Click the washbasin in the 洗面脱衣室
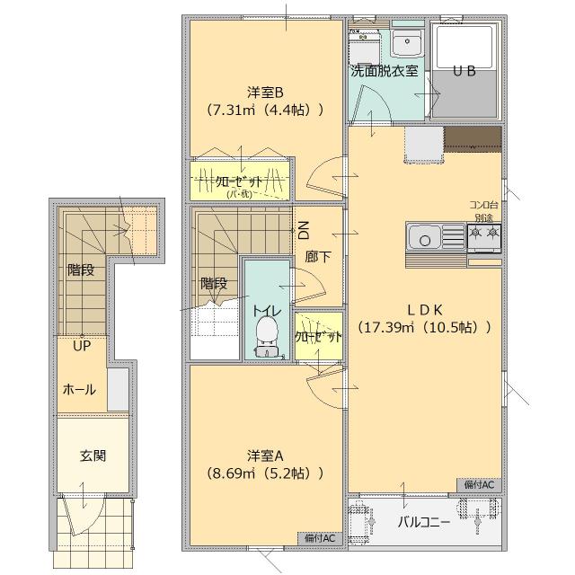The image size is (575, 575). point(406,43)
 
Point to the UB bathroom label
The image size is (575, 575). point(464,71)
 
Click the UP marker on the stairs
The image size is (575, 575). point(82,346)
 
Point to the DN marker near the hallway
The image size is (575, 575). point(304,227)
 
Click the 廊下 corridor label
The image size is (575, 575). point(318,256)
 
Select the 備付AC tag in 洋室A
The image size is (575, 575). point(319,537)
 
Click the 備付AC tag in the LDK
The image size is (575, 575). point(480,484)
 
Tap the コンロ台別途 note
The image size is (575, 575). point(483,211)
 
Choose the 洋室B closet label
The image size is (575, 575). point(240,181)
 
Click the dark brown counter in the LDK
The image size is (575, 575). point(472,137)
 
